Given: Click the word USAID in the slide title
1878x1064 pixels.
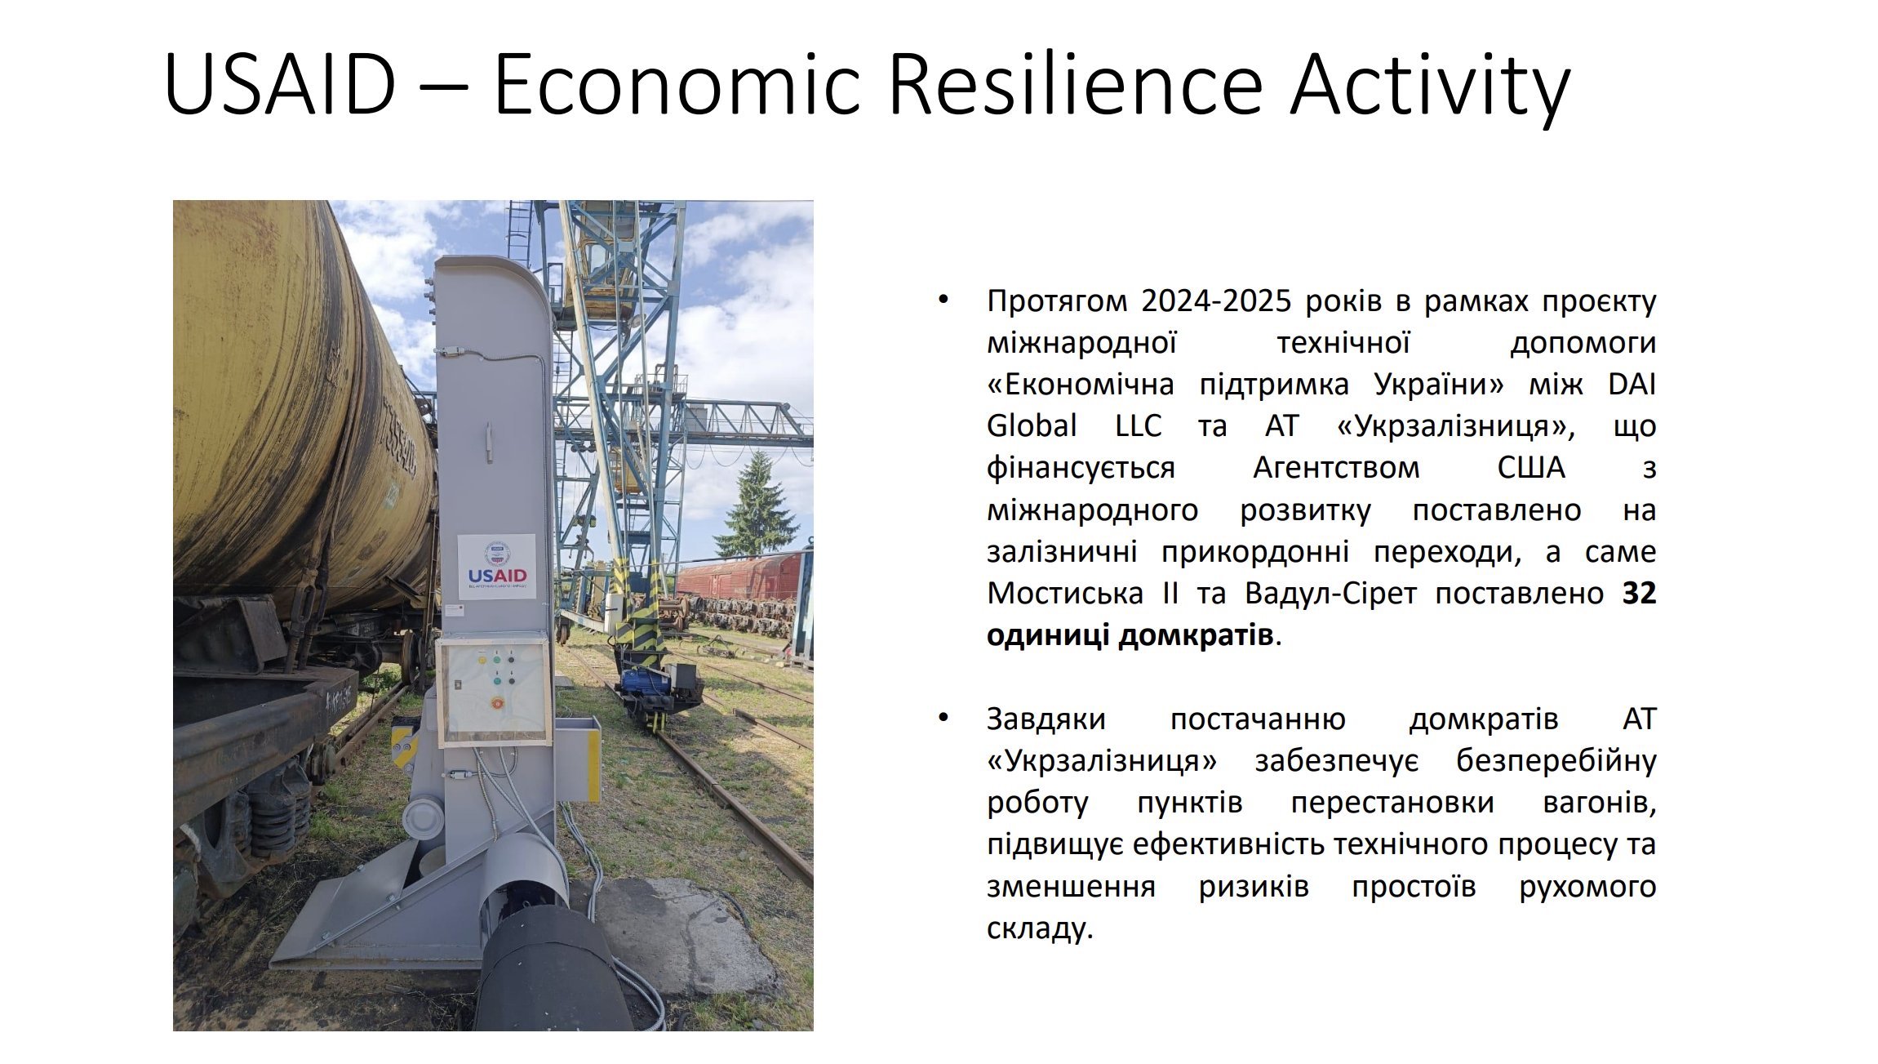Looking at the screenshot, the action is coord(280,84).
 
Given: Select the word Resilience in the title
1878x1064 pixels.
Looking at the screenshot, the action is coord(1075,82).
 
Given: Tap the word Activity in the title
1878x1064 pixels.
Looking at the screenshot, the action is coord(1430,87).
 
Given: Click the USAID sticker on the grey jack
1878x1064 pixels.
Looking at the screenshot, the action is coord(496,566).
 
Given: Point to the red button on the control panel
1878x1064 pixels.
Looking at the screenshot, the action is coord(496,702).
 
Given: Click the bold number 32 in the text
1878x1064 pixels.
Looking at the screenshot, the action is coord(1639,593).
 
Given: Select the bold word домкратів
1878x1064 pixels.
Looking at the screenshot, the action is coord(1196,635).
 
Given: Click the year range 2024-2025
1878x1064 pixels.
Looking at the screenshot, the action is coord(1216,301).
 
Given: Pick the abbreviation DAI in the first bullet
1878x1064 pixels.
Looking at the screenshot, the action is coord(1632,384).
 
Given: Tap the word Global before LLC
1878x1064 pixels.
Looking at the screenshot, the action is coord(1032,425).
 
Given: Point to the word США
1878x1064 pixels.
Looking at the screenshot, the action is coord(1531,467).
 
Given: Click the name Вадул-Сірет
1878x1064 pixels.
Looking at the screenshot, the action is coord(1330,593).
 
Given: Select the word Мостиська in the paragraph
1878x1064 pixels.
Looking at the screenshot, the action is coord(1065,593).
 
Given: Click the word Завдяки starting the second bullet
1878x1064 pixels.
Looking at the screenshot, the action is coord(1046,719).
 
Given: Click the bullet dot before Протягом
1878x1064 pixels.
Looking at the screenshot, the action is coord(943,300).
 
